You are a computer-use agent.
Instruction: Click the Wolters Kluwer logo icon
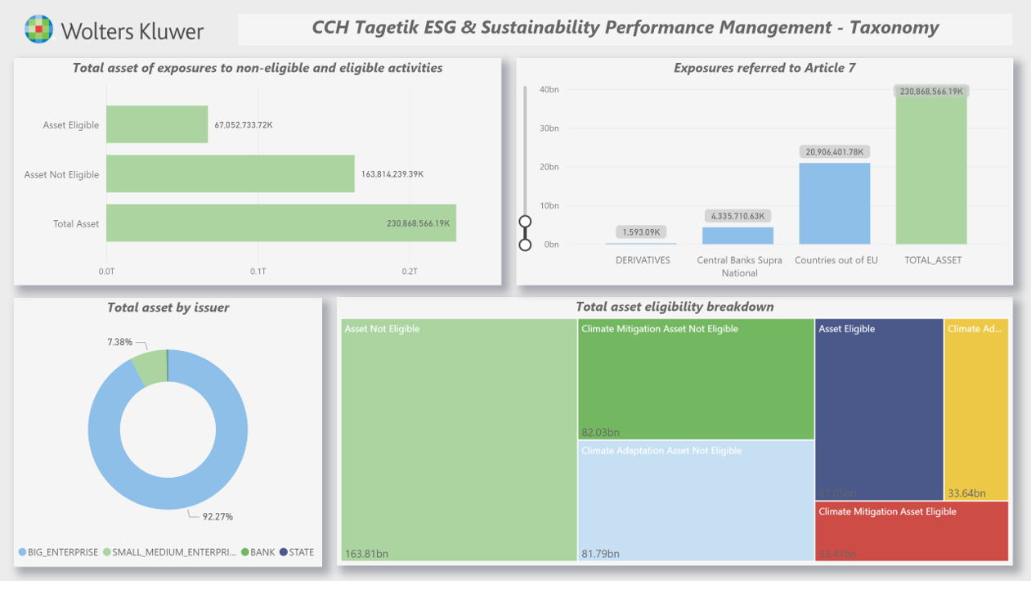pyautogui.click(x=38, y=29)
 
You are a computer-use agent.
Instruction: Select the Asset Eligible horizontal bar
pyautogui.click(x=157, y=124)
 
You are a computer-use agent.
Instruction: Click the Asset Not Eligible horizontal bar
pyautogui.click(x=230, y=173)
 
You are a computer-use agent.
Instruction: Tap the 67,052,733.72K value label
pyautogui.click(x=244, y=125)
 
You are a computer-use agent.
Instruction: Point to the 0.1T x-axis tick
pyautogui.click(x=258, y=271)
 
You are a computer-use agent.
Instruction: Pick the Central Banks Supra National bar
pyautogui.click(x=737, y=236)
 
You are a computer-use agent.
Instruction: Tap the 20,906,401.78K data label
pyautogui.click(x=834, y=152)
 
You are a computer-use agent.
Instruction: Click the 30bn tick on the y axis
pyautogui.click(x=549, y=128)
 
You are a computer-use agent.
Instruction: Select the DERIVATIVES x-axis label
pyautogui.click(x=643, y=260)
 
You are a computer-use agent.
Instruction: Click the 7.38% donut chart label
pyautogui.click(x=119, y=342)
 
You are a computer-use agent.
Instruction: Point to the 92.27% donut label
pyautogui.click(x=217, y=516)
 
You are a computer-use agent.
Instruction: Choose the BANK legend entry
pyautogui.click(x=262, y=552)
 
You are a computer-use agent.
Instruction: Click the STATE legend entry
pyautogui.click(x=301, y=552)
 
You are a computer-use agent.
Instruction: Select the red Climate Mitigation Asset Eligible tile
pyautogui.click(x=911, y=532)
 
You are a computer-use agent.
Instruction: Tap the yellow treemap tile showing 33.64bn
pyautogui.click(x=976, y=409)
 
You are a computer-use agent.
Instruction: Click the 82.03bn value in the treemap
pyautogui.click(x=600, y=432)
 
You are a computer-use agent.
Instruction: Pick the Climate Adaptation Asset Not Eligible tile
pyautogui.click(x=695, y=501)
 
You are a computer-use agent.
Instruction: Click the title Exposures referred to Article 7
pyautogui.click(x=764, y=68)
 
